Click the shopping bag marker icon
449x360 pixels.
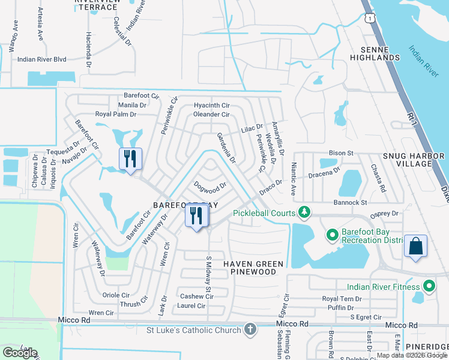[415, 246]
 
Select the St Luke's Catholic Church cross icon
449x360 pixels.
[250, 329]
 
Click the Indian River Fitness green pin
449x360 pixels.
[429, 286]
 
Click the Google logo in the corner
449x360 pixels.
[19, 353]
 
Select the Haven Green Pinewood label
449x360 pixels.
[249, 268]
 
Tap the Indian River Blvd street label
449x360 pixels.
[41, 59]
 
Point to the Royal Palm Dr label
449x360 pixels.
[116, 114]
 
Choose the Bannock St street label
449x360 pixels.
[351, 203]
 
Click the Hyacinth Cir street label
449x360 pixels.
[211, 106]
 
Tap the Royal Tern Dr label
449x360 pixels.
[342, 298]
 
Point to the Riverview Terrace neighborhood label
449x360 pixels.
[96, 5]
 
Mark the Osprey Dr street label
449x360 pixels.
[386, 214]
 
